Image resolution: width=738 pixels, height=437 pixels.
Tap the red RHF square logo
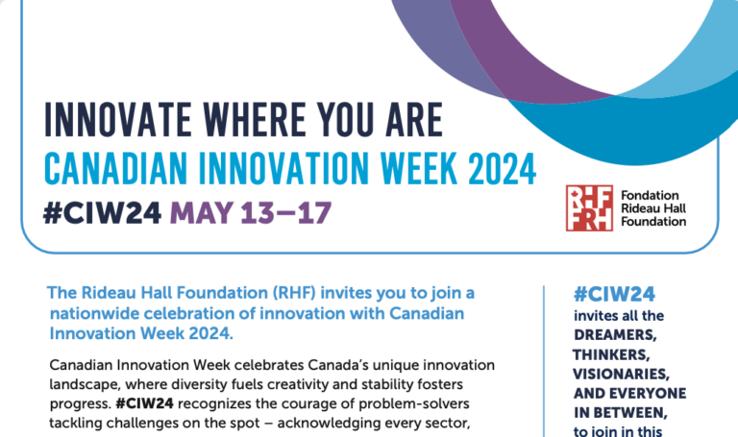[586, 207]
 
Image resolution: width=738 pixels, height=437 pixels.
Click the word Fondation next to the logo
[650, 195]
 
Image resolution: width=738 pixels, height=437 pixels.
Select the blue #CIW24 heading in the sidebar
[614, 294]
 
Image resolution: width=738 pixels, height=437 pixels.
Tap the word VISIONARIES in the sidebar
[621, 374]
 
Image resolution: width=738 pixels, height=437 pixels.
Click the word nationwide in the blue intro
[90, 313]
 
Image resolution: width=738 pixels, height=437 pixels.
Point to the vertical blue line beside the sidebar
[545, 365]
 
